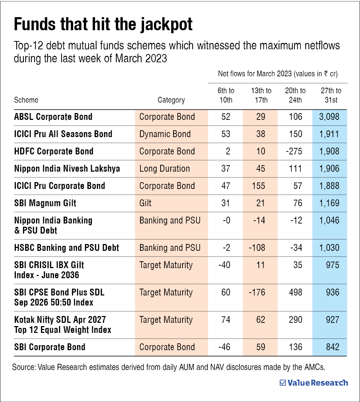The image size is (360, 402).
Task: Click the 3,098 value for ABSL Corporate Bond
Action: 329,117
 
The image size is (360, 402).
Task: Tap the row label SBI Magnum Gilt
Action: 45,203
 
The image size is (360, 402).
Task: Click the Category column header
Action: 171,100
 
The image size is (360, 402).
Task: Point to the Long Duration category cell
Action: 165,168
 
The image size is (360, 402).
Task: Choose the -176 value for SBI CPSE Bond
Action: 258,292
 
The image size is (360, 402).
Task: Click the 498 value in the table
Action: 295,292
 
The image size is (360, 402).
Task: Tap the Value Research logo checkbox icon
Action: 283,383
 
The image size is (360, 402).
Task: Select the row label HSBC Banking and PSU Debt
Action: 67,248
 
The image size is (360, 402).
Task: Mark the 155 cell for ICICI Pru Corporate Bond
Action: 259,186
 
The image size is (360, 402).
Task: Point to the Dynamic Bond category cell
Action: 165,134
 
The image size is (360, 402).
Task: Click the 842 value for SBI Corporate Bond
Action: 332,347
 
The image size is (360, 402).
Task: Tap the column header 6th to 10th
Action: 225,95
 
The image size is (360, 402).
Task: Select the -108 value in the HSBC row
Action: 258,248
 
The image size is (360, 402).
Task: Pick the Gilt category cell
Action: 145,203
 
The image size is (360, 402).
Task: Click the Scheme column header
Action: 26,100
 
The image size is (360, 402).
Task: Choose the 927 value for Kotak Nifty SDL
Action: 332,320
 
